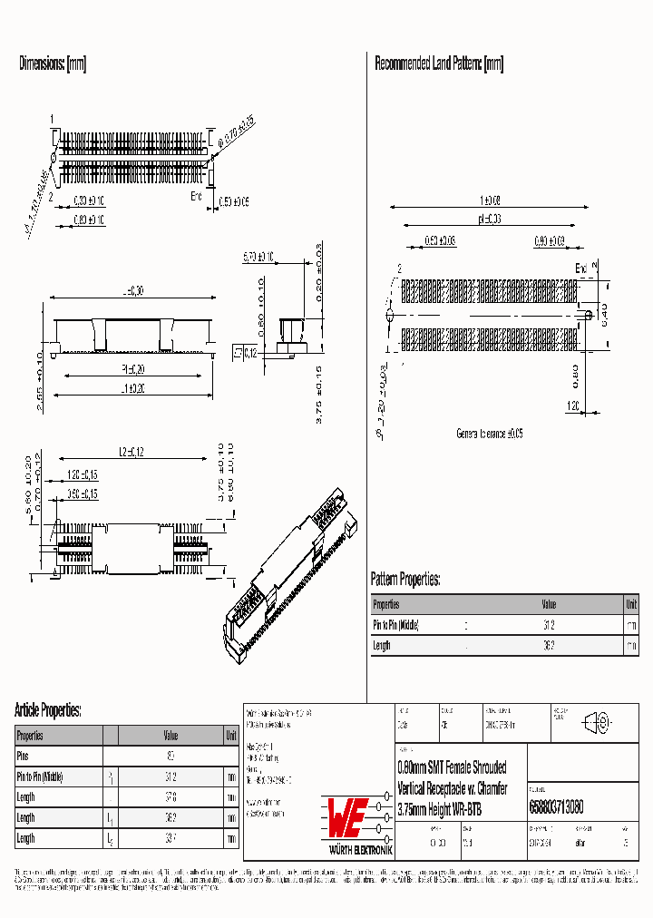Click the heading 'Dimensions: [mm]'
click(53, 63)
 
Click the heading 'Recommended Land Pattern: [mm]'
click(439, 63)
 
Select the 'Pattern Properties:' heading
click(405, 579)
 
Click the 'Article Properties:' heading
click(48, 710)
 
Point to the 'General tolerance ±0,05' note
click(489, 435)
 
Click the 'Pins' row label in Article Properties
click(24, 756)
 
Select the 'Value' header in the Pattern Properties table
click(549, 604)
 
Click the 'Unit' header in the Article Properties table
click(231, 736)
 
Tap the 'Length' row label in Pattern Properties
click(382, 646)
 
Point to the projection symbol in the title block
click(597, 723)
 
